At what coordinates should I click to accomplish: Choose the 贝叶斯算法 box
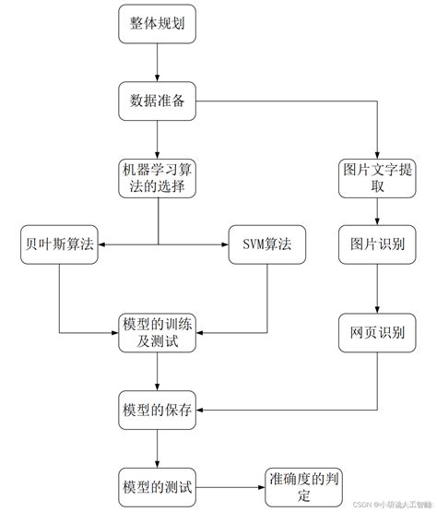59,244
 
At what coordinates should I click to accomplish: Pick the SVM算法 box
266,244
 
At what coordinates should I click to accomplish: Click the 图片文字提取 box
375,178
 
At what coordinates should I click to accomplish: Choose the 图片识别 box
375,244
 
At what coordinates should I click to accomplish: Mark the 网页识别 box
375,332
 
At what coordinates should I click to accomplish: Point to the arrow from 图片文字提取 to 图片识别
375,211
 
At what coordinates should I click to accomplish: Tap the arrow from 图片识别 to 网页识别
375,288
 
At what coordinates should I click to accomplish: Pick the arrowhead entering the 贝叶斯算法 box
102,244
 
